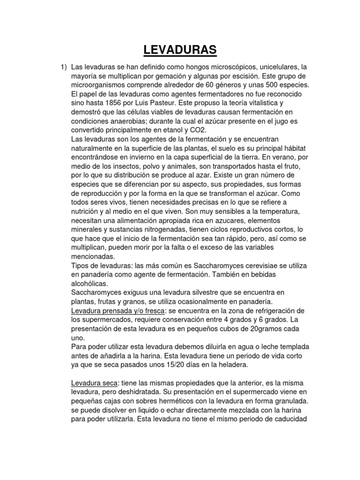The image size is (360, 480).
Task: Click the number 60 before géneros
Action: [195, 85]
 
